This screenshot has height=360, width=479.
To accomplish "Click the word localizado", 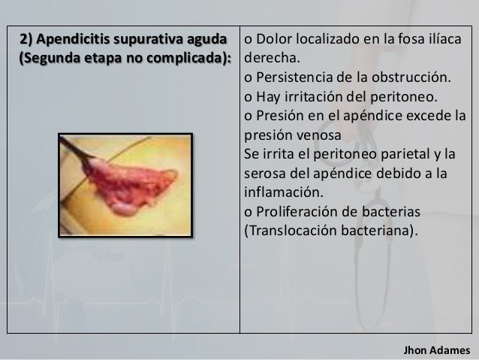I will pos(325,39).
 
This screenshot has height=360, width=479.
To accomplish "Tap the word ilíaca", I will pos(442,39).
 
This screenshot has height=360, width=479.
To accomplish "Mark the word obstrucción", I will pos(412,78).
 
